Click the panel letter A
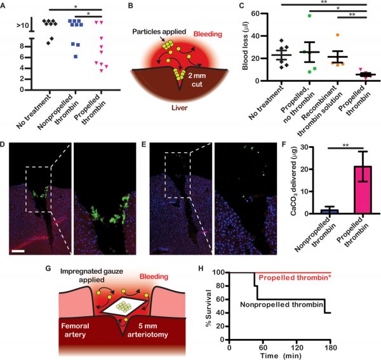[5, 6]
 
